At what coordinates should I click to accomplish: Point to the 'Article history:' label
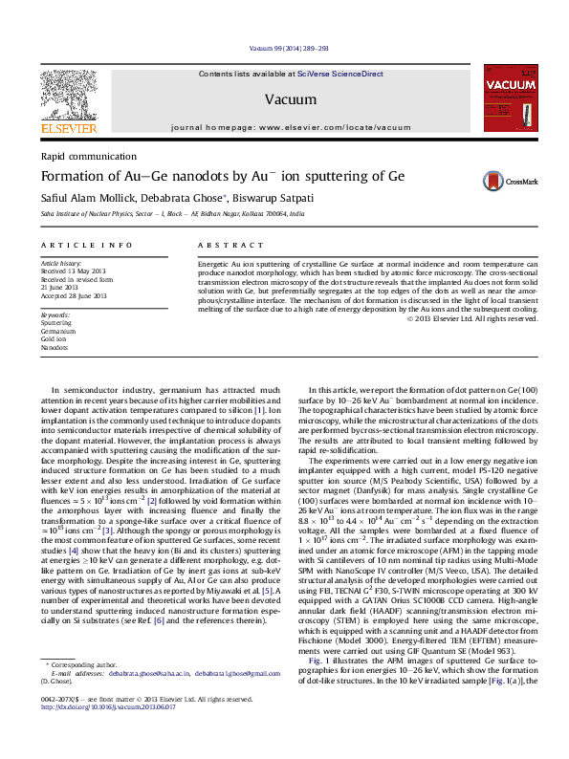point(56,261)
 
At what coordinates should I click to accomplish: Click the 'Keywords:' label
point(55,314)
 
